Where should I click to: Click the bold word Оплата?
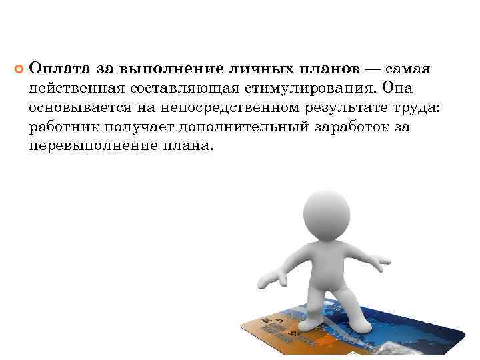tap(56, 69)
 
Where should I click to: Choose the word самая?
tap(408, 69)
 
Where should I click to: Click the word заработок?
tap(357, 127)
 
